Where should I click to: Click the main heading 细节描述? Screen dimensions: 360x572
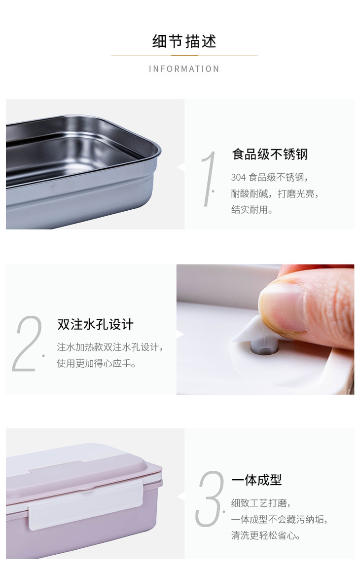[x=184, y=41]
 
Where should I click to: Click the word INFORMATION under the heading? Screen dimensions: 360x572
[x=184, y=69]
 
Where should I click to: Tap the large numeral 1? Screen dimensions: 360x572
[x=209, y=179]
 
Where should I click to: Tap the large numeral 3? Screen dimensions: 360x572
[x=209, y=498]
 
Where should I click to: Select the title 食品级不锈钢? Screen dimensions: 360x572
[x=270, y=154]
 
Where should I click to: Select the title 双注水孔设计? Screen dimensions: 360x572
[x=96, y=324]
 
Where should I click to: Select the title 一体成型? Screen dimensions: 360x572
[x=257, y=480]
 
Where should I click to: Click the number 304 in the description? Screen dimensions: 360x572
[x=238, y=177]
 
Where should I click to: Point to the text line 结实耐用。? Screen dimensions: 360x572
[x=252, y=209]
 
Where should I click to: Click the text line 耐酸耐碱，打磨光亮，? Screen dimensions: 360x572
[x=275, y=193]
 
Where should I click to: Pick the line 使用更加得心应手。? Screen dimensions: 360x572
[x=96, y=363]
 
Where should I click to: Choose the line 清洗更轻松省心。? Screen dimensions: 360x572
[x=266, y=535]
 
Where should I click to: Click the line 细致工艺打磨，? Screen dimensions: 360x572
[x=261, y=503]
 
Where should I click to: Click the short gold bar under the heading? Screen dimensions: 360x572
[x=184, y=55]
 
